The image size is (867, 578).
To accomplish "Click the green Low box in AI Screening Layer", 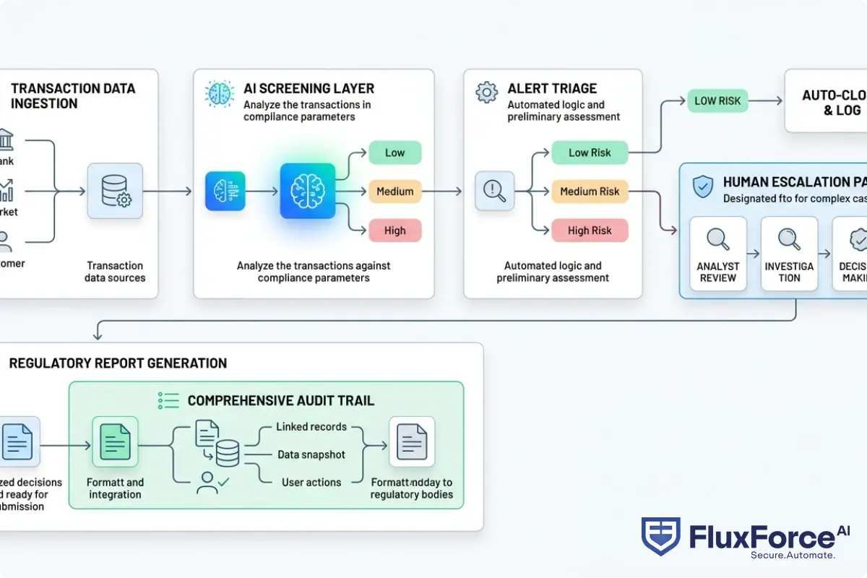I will [394, 152].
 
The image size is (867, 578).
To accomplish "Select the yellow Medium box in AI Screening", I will [394, 191].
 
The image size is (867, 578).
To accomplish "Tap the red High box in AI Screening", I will [394, 230].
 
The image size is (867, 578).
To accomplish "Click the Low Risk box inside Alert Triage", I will [590, 152].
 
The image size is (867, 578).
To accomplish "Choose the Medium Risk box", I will [590, 191].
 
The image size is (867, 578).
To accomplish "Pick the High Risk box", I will [590, 230].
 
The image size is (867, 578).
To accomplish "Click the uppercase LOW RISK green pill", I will [717, 101].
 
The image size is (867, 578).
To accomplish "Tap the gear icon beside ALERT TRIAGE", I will [487, 92].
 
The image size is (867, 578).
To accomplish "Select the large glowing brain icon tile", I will [308, 191].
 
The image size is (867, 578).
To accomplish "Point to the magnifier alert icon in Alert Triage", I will [494, 191].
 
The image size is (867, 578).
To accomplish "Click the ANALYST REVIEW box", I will [717, 254].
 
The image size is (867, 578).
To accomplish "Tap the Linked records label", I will [311, 427].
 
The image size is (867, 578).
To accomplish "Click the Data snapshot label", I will [311, 454].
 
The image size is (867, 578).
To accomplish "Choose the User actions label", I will [311, 482].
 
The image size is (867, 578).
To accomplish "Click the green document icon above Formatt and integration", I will [115, 441].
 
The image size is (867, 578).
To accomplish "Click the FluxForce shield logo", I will [660, 537].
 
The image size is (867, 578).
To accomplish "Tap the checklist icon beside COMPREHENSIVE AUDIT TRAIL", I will [168, 400].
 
